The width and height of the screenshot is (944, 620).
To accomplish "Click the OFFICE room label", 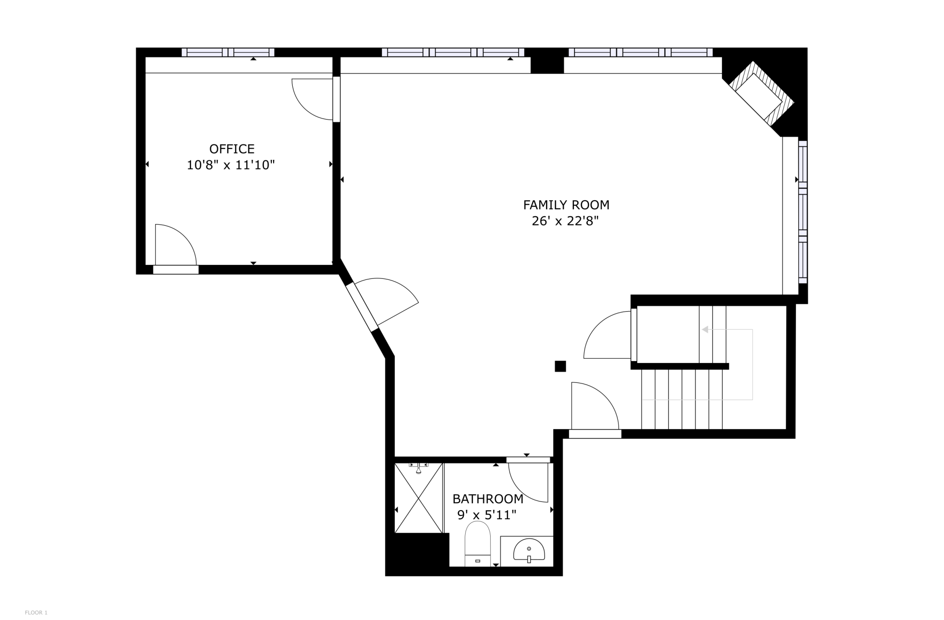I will [231, 149].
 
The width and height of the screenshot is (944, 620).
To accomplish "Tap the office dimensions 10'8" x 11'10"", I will [231, 165].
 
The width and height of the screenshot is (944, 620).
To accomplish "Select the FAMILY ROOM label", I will [566, 205].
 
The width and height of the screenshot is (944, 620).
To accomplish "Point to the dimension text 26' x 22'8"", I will [565, 221].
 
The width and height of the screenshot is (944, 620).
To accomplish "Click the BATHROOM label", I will [488, 499].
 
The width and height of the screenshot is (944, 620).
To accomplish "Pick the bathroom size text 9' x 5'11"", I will [487, 515].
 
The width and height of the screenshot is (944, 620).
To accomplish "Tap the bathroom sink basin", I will [529, 551].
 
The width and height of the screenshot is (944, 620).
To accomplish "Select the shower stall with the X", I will [418, 498].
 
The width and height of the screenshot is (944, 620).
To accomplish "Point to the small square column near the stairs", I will [560, 366].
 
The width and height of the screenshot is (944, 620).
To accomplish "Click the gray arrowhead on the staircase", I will [705, 329].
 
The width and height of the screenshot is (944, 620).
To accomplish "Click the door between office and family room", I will [313, 99].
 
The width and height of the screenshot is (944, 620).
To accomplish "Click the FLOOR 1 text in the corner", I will [36, 613].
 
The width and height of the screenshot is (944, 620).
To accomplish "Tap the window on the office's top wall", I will [228, 52].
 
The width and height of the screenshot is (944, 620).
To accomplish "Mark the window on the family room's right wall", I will [802, 211].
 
